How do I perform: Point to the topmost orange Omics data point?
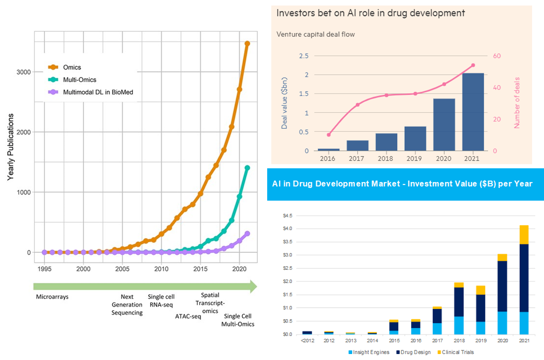click(x=247, y=44)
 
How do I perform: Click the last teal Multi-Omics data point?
click(x=247, y=168)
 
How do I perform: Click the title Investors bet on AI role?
click(x=370, y=13)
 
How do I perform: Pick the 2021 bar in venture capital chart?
click(x=473, y=112)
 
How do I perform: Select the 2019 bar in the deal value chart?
click(x=415, y=138)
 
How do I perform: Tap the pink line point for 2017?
click(x=357, y=105)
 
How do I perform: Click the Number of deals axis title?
click(x=517, y=102)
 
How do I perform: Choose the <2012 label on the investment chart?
click(x=307, y=341)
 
